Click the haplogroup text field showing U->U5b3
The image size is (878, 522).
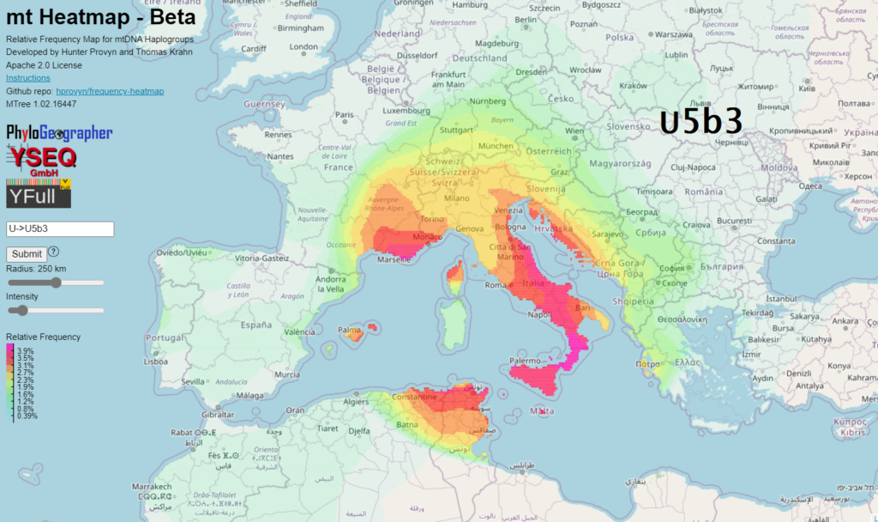60,229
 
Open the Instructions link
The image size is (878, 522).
27,78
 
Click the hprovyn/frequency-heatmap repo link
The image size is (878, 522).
110,91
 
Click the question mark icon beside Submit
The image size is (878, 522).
53,252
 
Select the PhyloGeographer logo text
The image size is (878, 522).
59,133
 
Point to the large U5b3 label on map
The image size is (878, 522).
701,123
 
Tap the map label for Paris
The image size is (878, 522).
345,114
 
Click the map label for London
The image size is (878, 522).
304,47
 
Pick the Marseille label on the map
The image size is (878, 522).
393,260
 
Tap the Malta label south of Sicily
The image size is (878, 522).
542,412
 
